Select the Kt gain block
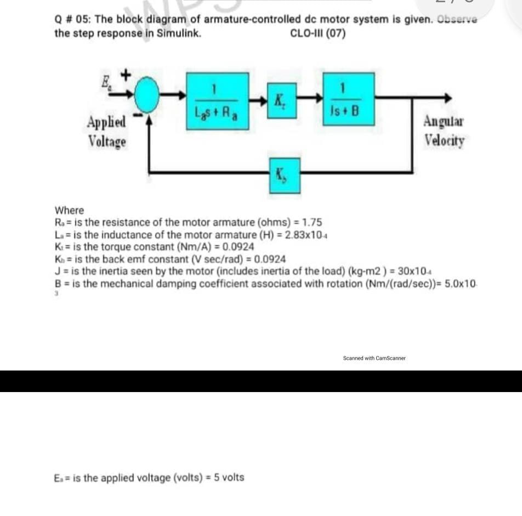tap(282, 100)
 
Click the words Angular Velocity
tap(444, 131)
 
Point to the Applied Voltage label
tap(107, 131)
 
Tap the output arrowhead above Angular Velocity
tap(449, 98)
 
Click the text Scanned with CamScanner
tap(374, 358)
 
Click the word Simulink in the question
tap(178, 33)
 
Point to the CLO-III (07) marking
tap(317, 33)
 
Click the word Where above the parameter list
tap(70, 211)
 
